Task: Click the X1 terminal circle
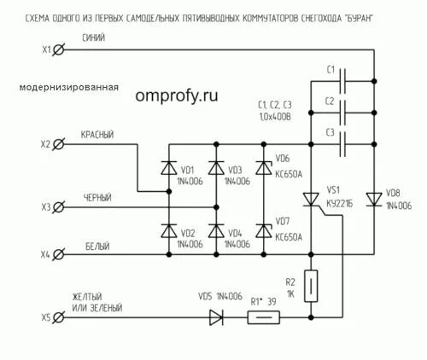tap(58, 50)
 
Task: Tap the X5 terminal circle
tap(58, 317)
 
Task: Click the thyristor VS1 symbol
tap(311, 200)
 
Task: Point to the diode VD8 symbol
tap(373, 199)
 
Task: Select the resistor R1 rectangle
tap(263, 317)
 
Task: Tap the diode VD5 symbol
tap(216, 317)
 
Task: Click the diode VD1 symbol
tap(168, 169)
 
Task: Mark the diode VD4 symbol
tap(215, 232)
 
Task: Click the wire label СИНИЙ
tap(94, 38)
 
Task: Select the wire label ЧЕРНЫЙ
tap(97, 197)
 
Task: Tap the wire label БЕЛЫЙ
tap(97, 246)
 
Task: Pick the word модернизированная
tap(67, 87)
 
